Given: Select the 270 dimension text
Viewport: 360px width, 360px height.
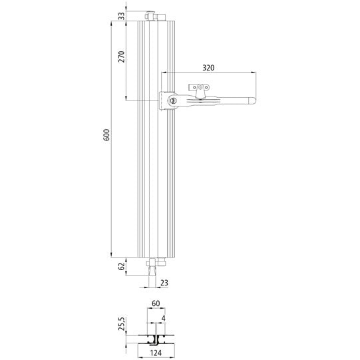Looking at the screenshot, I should click(121, 57).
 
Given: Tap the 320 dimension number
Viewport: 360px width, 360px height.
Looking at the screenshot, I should click(208, 67).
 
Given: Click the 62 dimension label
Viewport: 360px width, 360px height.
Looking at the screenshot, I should click(121, 267).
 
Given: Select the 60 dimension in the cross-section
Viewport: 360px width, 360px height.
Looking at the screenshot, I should click(156, 304).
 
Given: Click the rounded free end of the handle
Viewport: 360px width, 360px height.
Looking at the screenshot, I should click(253, 100).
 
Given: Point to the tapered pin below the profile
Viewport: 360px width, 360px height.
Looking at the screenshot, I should click(154, 270).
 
